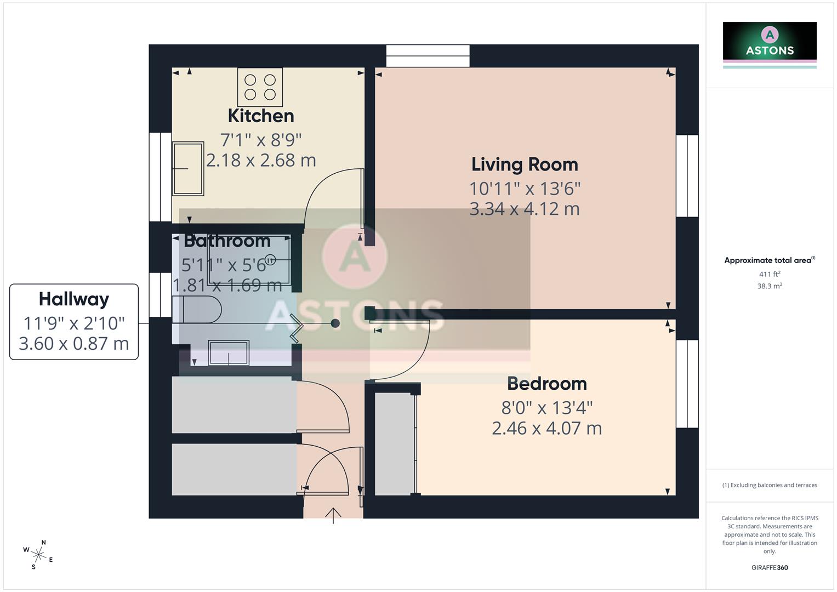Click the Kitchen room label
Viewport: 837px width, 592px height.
point(261,116)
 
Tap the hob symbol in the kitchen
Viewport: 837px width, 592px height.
point(260,87)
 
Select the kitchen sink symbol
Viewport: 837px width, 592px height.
point(188,169)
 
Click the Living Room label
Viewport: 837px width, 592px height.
point(525,164)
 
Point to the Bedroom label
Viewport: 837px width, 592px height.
point(546,384)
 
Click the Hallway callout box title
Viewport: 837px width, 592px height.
point(74,299)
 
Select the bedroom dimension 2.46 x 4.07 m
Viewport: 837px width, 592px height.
point(546,428)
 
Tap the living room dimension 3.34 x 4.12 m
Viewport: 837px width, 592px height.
point(525,209)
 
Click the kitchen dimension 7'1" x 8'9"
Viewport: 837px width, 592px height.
point(261,140)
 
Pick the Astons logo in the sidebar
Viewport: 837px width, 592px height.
point(770,44)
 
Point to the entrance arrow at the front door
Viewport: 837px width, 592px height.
point(333,515)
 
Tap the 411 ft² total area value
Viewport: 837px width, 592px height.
point(770,274)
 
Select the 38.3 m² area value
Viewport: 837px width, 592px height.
point(770,286)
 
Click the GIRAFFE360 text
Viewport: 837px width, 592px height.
point(770,568)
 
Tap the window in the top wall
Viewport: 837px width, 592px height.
point(428,56)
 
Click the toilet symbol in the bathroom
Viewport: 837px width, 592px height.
point(197,309)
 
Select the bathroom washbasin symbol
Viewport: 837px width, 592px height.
point(229,352)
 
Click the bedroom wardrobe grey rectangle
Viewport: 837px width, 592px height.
point(394,444)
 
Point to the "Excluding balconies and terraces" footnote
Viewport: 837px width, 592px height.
point(770,485)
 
